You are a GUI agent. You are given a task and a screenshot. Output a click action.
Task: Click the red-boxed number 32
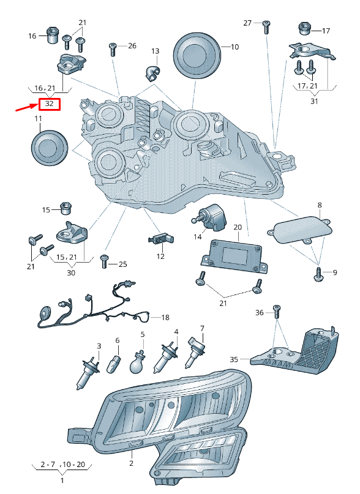coord(49,103)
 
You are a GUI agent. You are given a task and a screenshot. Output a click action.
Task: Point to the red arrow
coord(27,108)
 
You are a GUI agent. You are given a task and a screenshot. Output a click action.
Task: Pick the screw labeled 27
coord(267,27)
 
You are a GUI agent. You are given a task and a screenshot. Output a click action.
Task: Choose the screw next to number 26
coord(113,50)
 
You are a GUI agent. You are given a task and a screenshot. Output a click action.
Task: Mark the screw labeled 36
coord(277,312)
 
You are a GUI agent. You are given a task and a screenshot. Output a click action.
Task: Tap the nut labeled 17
coord(304,29)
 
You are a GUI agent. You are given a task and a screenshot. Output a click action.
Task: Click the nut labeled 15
coord(66,208)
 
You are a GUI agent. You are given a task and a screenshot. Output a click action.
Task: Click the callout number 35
coord(234,359)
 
